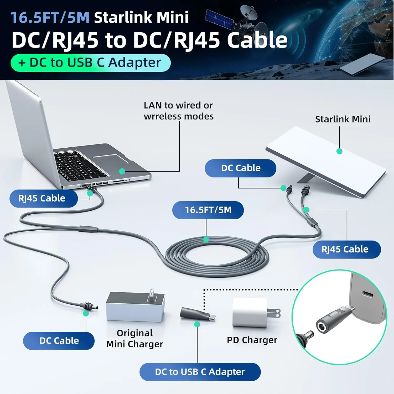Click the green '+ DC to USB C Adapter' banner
pyautogui.click(x=91, y=63)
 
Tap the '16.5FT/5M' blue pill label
pyautogui.click(x=208, y=210)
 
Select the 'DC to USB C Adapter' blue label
pyautogui.click(x=200, y=372)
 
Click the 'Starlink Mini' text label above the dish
pyautogui.click(x=343, y=119)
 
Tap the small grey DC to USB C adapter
pyautogui.click(x=198, y=314)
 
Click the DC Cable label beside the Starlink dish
pyautogui.click(x=241, y=168)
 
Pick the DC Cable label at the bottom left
pyautogui.click(x=59, y=341)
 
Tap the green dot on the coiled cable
pyautogui.click(x=206, y=239)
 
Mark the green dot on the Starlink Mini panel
pyautogui.click(x=339, y=151)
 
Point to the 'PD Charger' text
pyautogui.click(x=252, y=340)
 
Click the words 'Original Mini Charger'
pyautogui.click(x=135, y=339)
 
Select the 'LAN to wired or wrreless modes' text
pyautogui.click(x=179, y=111)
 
